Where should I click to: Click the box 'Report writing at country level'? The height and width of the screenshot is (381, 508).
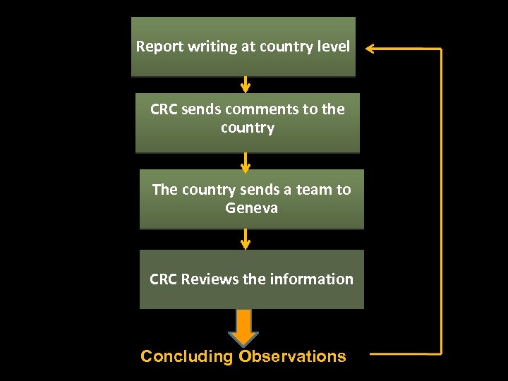click(x=243, y=47)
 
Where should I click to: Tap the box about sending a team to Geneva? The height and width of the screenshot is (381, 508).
click(x=251, y=199)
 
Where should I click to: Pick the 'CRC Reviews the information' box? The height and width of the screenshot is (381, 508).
click(x=251, y=279)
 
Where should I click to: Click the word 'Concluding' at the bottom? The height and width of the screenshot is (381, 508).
click(x=186, y=356)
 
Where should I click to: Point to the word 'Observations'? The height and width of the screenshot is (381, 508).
click(x=292, y=356)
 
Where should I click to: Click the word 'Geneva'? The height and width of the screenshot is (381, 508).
click(x=251, y=208)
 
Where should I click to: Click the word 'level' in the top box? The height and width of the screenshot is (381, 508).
click(x=332, y=47)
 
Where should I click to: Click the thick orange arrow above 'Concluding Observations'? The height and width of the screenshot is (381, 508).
click(x=243, y=326)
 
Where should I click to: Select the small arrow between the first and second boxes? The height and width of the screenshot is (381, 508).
click(x=245, y=85)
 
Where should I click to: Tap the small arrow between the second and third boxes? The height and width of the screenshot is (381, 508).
click(x=245, y=162)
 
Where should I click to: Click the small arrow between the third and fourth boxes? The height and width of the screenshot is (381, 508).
click(x=245, y=239)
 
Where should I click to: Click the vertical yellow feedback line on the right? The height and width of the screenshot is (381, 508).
click(x=441, y=201)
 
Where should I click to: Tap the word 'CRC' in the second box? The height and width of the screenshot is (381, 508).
click(x=164, y=109)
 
